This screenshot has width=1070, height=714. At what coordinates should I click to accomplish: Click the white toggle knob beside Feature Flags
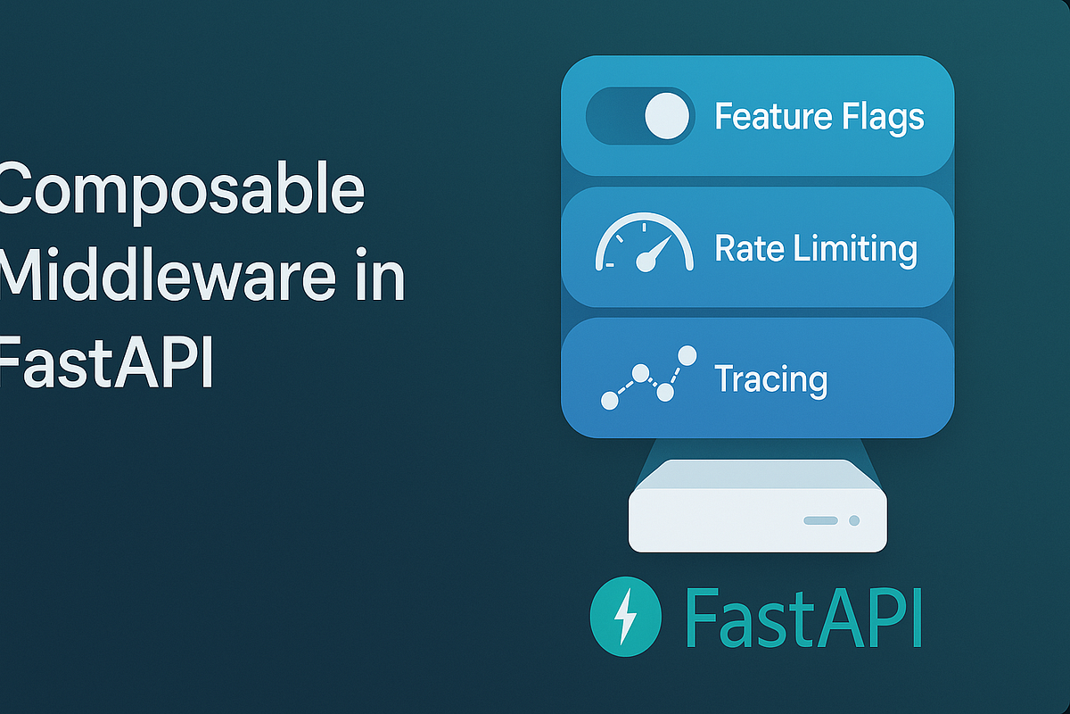(666, 117)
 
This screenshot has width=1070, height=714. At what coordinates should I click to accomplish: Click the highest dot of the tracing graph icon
(687, 355)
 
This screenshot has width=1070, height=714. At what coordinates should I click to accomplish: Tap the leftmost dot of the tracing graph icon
(610, 401)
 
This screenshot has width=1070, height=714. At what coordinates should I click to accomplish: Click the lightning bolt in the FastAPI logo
(626, 614)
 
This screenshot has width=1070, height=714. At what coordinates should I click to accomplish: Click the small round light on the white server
(854, 520)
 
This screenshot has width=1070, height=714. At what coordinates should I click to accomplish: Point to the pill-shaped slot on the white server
(819, 520)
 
